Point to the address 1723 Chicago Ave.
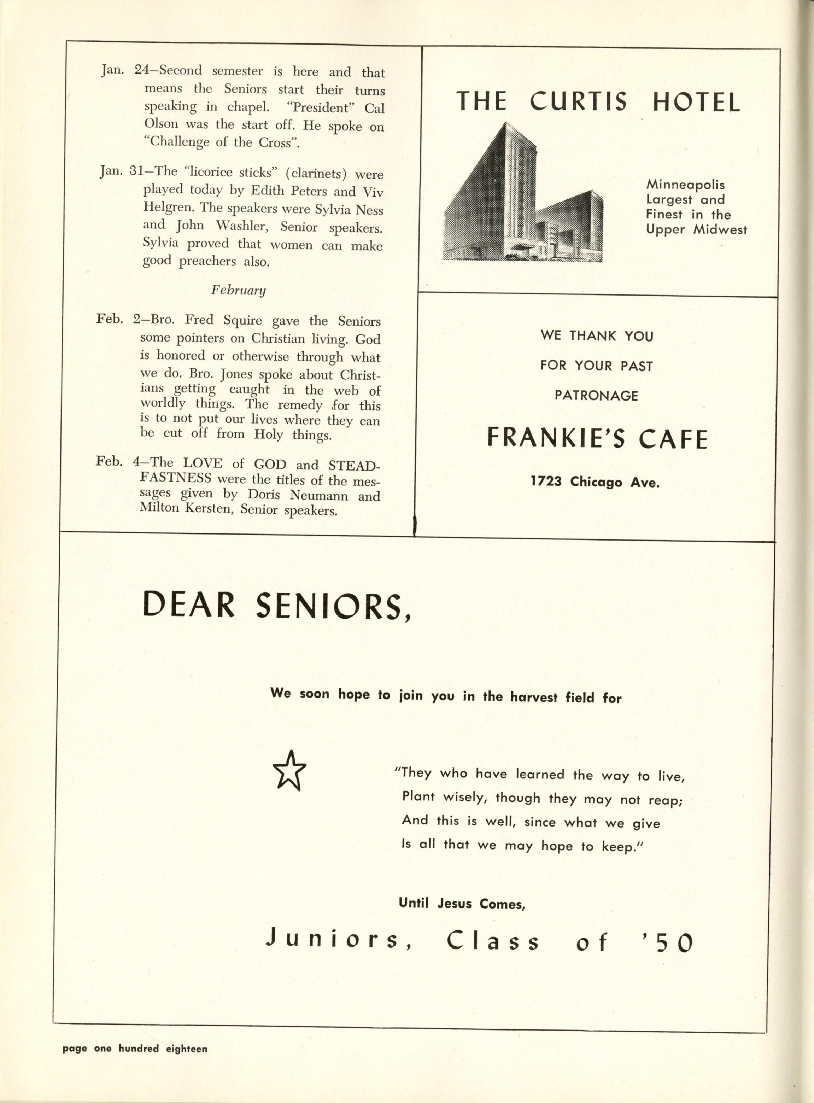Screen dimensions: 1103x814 point(595,482)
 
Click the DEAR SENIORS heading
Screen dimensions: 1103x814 point(276,606)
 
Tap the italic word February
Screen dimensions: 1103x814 point(239,290)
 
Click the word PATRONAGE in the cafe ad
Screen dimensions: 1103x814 point(596,395)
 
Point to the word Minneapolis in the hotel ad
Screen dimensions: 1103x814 point(685,185)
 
